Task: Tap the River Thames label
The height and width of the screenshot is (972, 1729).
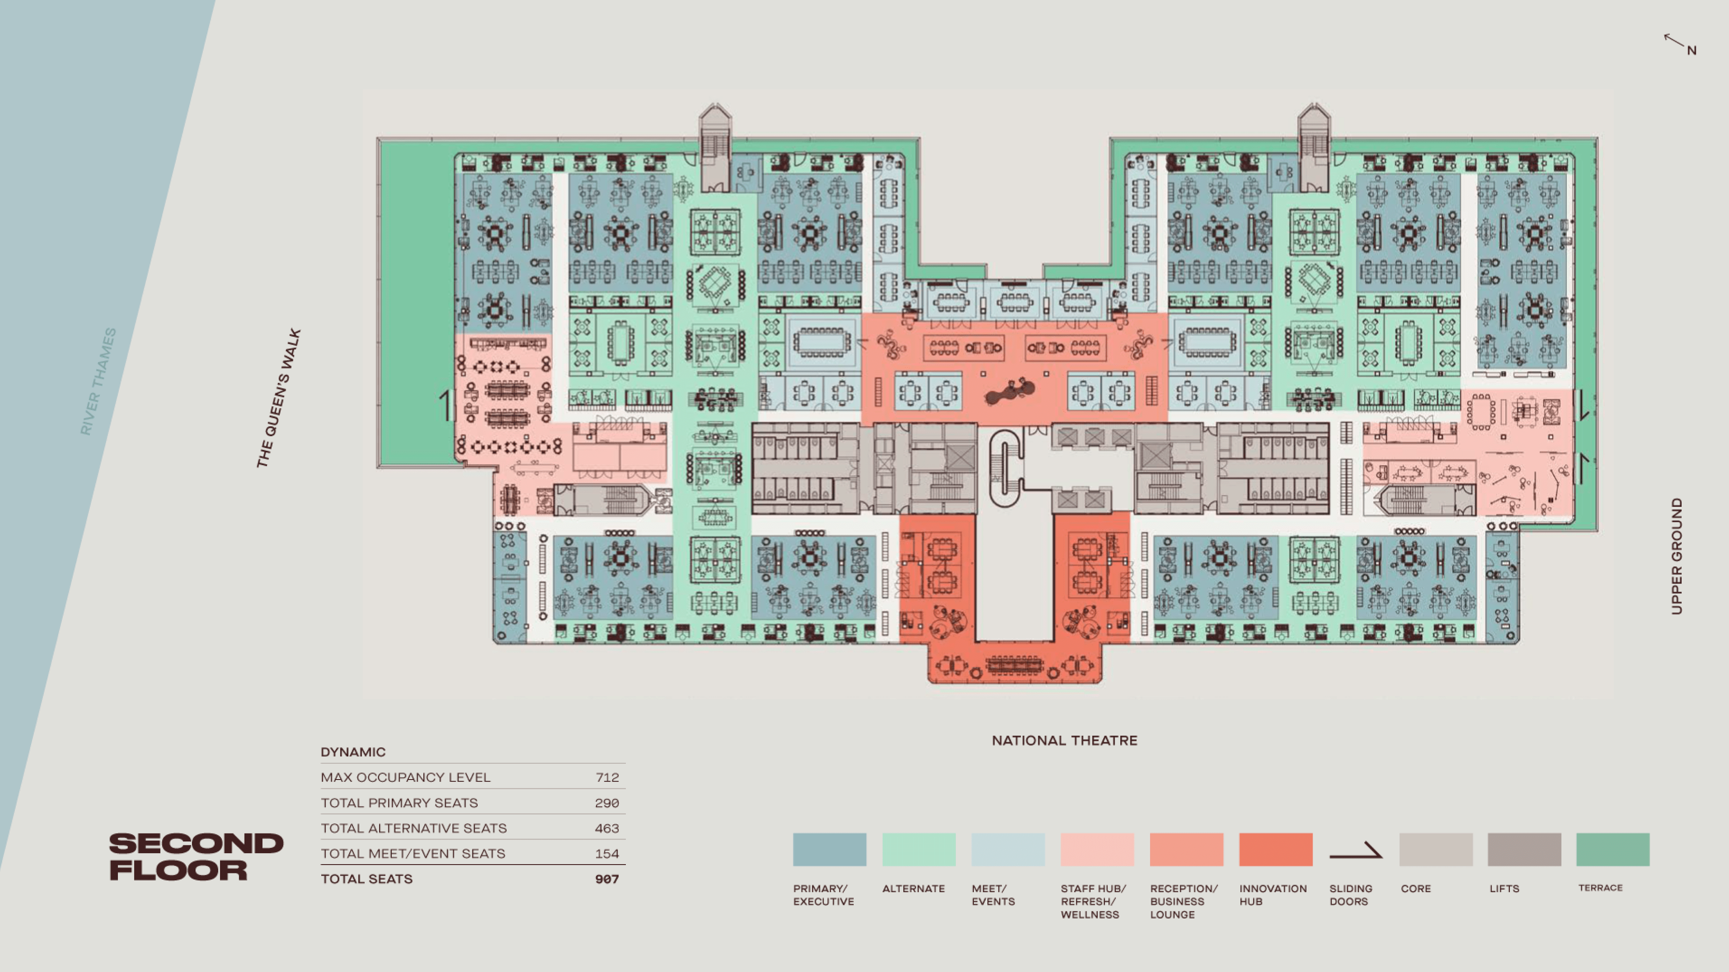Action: pos(98,381)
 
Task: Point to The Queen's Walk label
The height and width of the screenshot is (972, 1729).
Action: pos(279,398)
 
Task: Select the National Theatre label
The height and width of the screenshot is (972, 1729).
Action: pos(1065,741)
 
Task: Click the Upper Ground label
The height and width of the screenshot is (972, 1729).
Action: pos(1677,556)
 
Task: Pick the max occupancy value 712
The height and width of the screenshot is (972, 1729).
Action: pos(607,777)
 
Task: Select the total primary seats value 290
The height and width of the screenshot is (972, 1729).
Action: pos(607,803)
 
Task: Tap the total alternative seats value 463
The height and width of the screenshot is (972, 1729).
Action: pos(607,828)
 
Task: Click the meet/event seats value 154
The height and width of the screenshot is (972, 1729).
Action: pos(607,854)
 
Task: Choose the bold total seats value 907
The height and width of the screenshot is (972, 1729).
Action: pos(607,879)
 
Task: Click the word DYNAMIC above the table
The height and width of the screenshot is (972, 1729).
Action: pos(353,752)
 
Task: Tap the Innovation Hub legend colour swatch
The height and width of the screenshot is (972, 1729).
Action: pos(1275,849)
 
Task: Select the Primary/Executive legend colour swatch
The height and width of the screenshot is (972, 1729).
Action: pos(830,849)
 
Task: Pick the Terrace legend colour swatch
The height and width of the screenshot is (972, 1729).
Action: pos(1612,849)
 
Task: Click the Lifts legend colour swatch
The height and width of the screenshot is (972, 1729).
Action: pos(1523,849)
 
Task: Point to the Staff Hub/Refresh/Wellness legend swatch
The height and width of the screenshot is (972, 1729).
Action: pos(1097,849)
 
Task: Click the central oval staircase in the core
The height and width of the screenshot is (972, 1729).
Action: pos(1005,468)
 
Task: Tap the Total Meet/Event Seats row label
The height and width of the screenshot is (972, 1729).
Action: pos(413,854)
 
